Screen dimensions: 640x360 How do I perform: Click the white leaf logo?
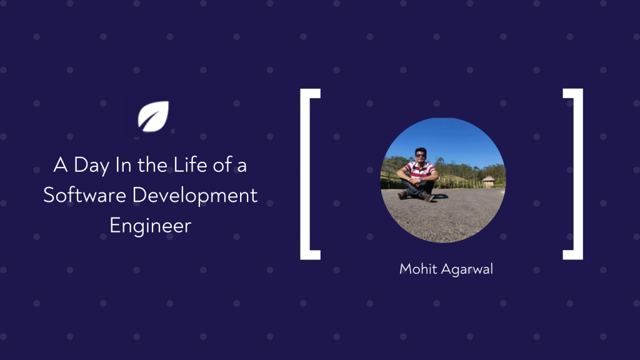(x=153, y=116)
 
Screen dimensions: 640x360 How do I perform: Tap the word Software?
(x=84, y=195)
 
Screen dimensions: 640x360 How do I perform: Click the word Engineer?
(x=150, y=226)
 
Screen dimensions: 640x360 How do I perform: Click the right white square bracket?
(x=578, y=174)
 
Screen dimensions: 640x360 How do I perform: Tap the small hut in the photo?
(x=488, y=181)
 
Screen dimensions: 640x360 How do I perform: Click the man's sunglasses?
(x=421, y=155)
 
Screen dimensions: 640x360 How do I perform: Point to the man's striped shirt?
(x=419, y=170)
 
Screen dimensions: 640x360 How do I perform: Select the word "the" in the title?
(x=152, y=164)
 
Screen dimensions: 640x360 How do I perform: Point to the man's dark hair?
(x=421, y=150)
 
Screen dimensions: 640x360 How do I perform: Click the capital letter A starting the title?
(x=61, y=165)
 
